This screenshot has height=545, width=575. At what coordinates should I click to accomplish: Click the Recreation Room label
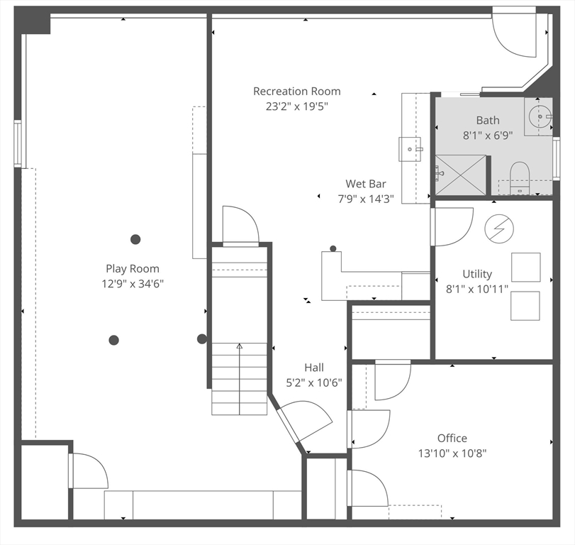296,91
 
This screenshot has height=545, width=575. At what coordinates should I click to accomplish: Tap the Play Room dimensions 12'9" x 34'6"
133,284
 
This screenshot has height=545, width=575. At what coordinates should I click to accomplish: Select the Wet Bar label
366,184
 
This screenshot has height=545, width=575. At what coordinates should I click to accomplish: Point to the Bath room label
487,121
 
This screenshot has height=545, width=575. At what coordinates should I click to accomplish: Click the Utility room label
477,274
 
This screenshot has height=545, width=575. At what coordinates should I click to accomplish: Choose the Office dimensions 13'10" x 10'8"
452,453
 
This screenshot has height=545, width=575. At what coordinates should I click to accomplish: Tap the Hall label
314,368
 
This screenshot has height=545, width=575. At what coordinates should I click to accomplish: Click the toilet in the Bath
520,178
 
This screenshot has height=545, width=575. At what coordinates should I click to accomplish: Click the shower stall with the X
460,175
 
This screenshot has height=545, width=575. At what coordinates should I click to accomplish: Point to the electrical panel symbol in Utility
498,229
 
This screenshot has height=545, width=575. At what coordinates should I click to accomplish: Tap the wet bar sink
410,149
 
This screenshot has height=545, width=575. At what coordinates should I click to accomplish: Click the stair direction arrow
240,379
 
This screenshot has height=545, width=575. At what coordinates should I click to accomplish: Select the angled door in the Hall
304,422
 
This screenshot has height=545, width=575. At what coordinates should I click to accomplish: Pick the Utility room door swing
452,227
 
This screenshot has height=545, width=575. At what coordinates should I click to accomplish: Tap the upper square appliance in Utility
526,268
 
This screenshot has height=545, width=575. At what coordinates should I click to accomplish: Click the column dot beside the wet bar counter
333,248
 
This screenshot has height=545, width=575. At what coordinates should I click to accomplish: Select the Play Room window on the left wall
18,143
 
